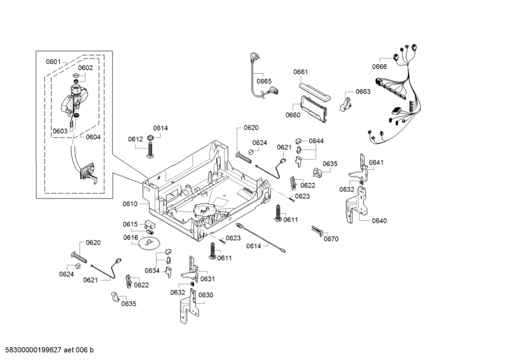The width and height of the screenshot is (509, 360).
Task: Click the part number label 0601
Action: pos(53,62)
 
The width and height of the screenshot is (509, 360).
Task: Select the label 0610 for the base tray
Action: pos(130,204)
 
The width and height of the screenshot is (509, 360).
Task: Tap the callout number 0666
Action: pos(380,67)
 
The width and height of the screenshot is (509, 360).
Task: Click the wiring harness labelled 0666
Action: pos(398,95)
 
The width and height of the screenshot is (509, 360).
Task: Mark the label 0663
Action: pos(363,92)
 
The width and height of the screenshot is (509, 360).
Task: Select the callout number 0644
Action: pos(316,141)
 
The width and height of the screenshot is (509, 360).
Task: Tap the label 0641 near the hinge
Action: pos(377,162)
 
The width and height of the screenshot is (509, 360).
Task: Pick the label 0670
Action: pos(331,239)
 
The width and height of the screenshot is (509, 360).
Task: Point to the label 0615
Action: pos(130,225)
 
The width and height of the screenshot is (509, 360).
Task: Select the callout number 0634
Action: pos(151,270)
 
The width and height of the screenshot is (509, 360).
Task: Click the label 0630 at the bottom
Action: pos(206,294)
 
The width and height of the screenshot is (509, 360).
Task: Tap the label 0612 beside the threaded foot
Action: pos(135,139)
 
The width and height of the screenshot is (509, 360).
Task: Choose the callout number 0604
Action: pos(93,137)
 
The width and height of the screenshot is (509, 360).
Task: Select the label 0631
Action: pos(208,279)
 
